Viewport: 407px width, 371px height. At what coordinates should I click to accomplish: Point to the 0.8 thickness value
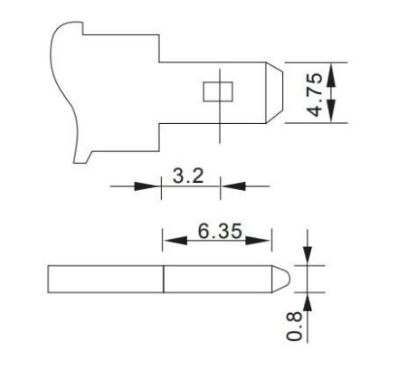[x=294, y=323]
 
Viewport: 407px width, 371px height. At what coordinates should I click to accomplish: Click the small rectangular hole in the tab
[x=217, y=92]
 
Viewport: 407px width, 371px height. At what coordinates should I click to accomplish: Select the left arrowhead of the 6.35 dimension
[x=172, y=241]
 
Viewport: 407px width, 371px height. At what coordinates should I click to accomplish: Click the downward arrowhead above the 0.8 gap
[x=308, y=256]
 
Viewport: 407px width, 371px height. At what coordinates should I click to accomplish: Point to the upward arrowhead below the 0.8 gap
[x=308, y=300]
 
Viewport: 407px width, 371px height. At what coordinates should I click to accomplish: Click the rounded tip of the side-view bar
[x=282, y=278]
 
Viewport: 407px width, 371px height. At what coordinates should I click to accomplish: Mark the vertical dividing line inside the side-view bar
[x=164, y=278]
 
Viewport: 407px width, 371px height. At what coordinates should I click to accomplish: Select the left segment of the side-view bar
[x=105, y=278]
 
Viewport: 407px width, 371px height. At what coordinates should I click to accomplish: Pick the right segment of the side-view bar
[x=217, y=278]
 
